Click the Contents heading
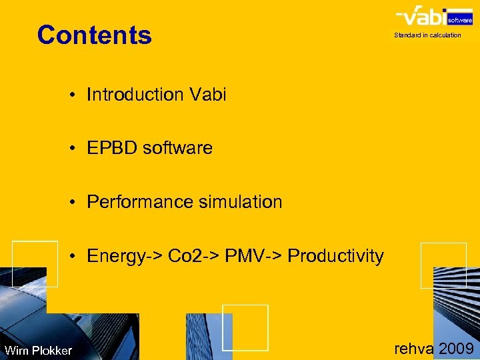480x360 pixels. pos(95,35)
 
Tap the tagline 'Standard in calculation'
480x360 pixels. pos(427,35)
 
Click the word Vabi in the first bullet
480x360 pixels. pos(207,95)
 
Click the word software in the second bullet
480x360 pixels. pos(177,148)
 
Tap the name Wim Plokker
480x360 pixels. pos(38,351)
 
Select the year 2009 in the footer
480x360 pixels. pos(457,347)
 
